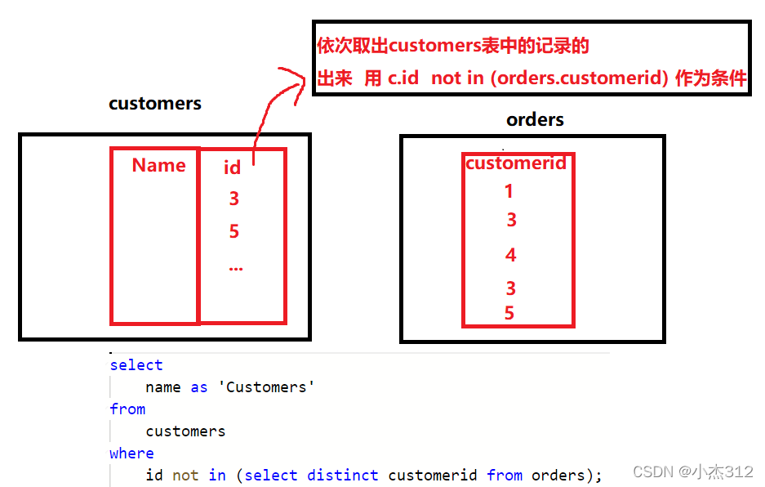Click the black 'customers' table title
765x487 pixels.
(155, 104)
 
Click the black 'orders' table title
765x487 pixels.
(535, 120)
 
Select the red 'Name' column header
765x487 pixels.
(158, 165)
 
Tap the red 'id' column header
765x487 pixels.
(233, 168)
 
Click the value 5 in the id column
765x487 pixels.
(234, 232)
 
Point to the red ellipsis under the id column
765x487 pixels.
(236, 267)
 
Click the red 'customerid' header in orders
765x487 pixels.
(515, 163)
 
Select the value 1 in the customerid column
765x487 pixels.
(509, 192)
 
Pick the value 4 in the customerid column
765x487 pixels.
(511, 256)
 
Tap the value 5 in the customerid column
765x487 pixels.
(509, 314)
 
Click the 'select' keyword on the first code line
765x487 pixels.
(136, 365)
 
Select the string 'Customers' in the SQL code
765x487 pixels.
(266, 387)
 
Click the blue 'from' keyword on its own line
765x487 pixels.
(127, 409)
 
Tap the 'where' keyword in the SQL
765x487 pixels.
(131, 453)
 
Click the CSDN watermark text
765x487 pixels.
(692, 472)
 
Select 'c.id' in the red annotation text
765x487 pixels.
(403, 78)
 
